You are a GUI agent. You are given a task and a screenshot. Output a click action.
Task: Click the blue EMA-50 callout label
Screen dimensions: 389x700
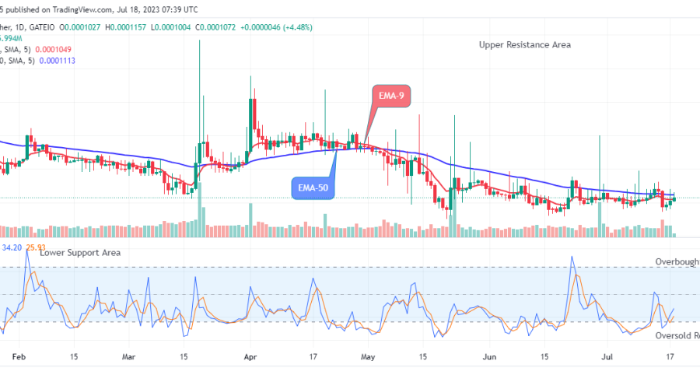[x=313, y=187]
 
